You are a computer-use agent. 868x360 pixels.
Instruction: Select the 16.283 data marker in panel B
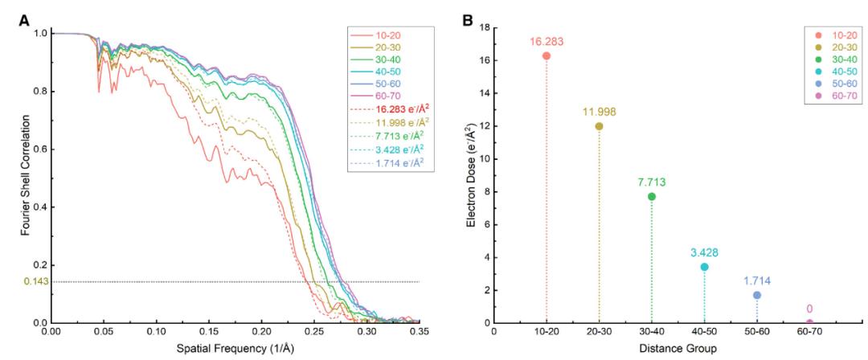point(547,56)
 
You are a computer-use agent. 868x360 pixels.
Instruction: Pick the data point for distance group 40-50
point(704,267)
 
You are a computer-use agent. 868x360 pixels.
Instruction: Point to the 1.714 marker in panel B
point(757,295)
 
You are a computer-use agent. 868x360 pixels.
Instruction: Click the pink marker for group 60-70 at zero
point(809,323)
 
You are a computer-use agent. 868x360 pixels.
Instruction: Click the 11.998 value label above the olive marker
point(599,112)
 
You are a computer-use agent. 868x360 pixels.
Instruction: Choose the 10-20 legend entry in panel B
point(833,38)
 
